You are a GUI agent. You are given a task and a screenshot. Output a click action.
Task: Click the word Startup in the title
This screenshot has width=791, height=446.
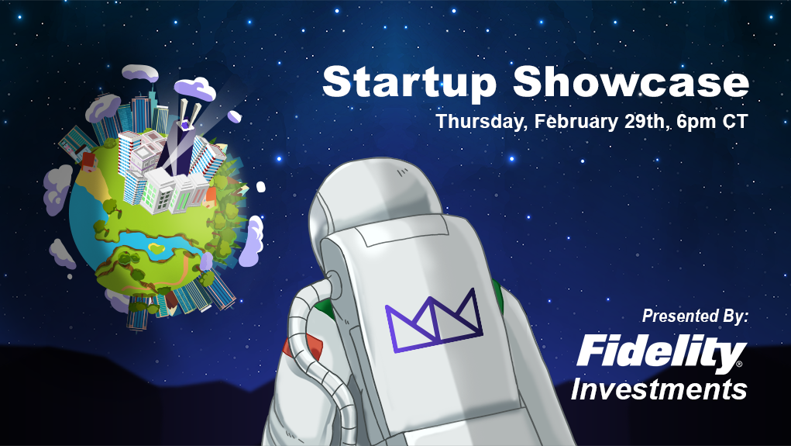pos(409,83)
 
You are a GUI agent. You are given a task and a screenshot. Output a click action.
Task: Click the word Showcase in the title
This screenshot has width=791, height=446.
pos(631,81)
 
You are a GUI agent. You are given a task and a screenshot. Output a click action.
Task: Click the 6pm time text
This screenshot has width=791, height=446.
pos(695,123)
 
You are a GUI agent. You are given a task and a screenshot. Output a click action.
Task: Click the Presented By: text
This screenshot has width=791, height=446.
pos(695,316)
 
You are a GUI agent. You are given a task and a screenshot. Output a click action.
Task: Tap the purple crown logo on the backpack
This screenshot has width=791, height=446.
pos(434,320)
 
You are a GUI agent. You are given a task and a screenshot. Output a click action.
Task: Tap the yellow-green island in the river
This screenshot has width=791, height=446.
pos(157,248)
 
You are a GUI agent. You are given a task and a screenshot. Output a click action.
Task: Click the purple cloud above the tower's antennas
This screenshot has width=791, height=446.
pos(195,89)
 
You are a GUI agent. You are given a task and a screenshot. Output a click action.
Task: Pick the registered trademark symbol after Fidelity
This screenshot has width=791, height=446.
pos(739,363)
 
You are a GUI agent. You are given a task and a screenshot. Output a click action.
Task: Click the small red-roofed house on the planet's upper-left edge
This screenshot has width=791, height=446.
pos(89,161)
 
